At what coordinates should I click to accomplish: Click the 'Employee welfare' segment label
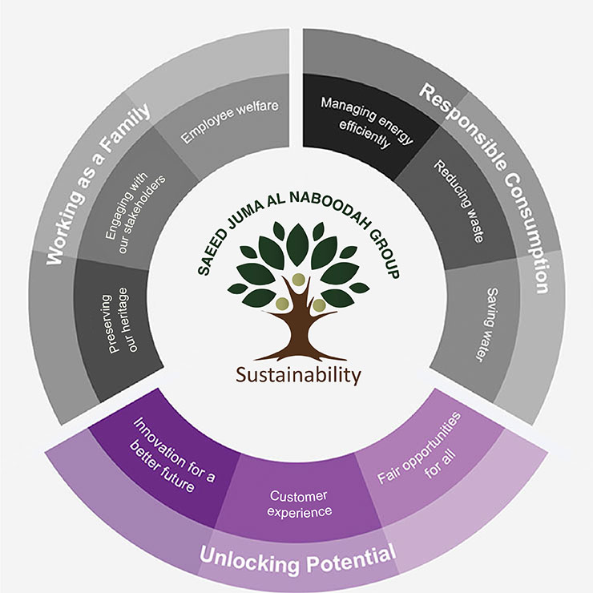click(230, 121)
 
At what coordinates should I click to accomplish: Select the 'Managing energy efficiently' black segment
click(366, 122)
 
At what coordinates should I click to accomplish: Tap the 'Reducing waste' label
click(458, 201)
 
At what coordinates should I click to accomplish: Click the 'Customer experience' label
click(299, 503)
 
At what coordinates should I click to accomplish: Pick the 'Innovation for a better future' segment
click(172, 456)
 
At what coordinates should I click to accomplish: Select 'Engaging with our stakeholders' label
click(135, 214)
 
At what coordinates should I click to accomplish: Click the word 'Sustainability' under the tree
click(298, 376)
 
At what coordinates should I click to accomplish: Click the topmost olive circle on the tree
click(298, 280)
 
